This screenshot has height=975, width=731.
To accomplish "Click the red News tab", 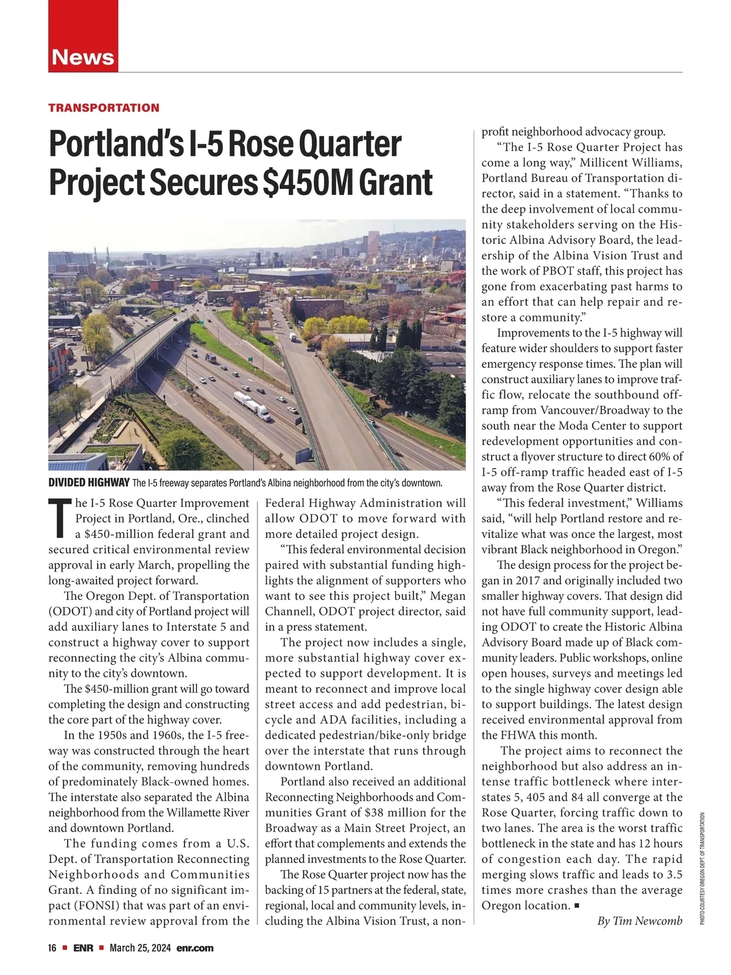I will click(x=83, y=57).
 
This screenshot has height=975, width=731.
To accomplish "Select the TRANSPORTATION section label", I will click(x=104, y=108).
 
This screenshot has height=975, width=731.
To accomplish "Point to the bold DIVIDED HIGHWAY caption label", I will click(x=88, y=483).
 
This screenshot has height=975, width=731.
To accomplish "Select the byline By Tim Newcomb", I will click(x=640, y=921).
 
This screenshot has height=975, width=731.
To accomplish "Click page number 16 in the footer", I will click(x=52, y=948).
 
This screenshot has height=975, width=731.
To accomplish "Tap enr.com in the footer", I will click(x=195, y=948).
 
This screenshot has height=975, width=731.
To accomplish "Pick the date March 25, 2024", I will click(x=140, y=948).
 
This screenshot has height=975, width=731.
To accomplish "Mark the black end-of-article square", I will click(x=577, y=906).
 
